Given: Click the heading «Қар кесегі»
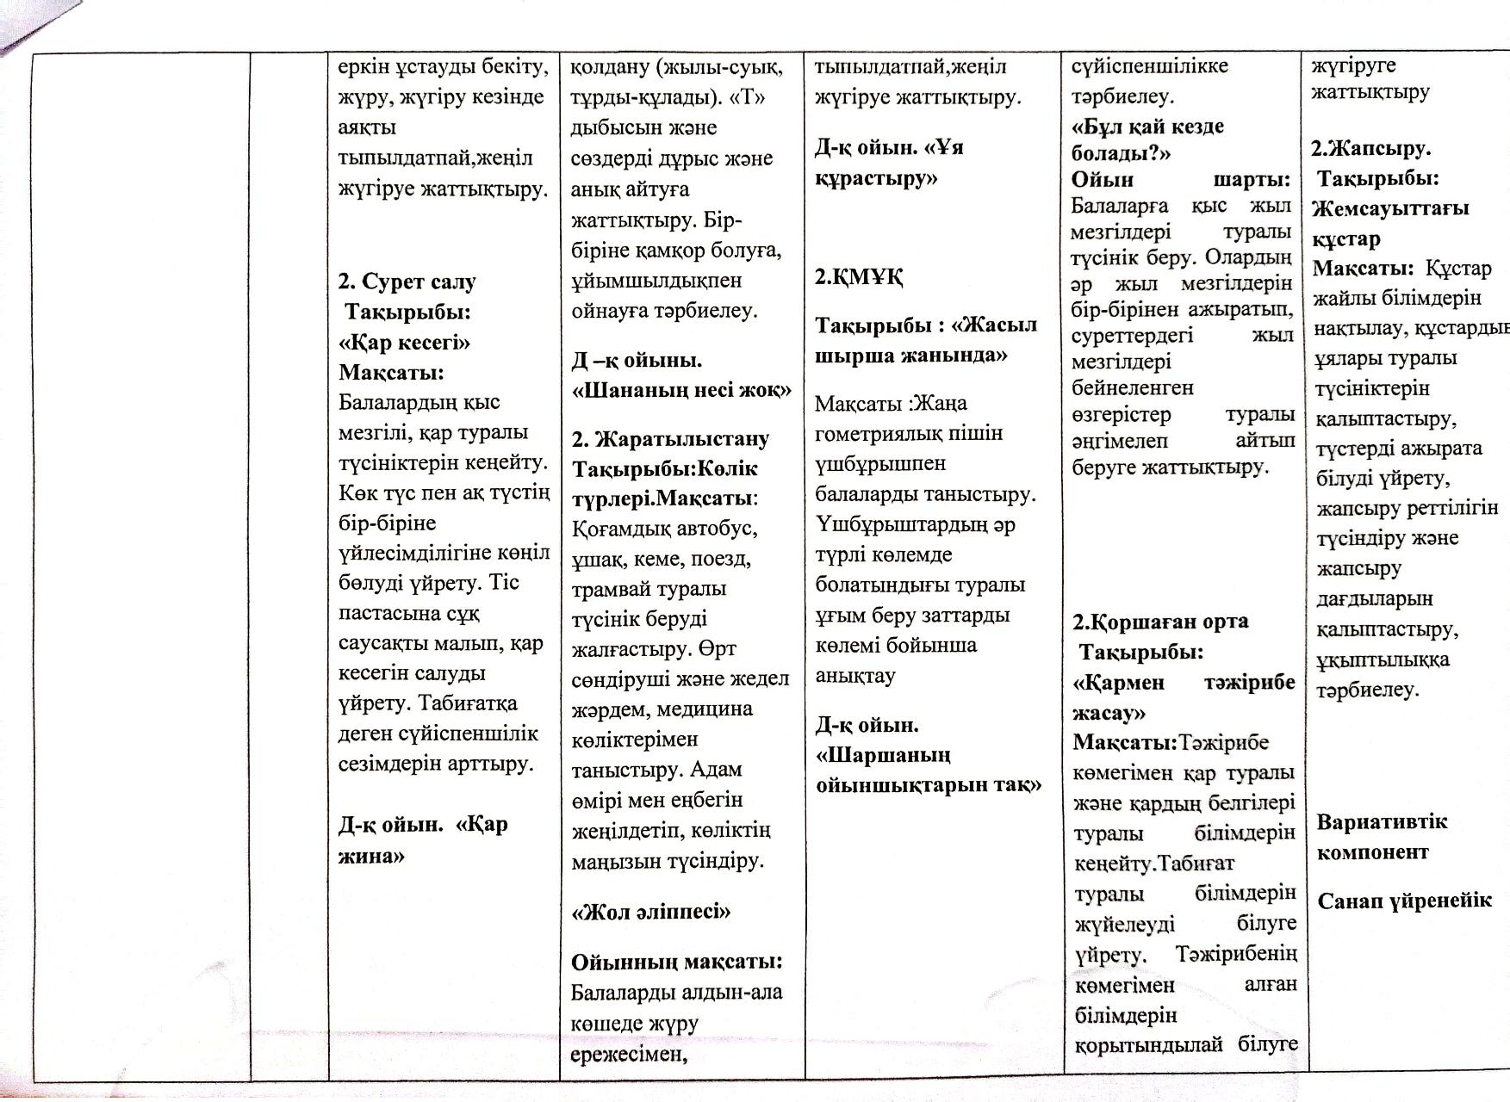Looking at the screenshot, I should pyautogui.click(x=404, y=343).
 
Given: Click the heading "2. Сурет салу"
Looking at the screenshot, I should pyautogui.click(x=407, y=282).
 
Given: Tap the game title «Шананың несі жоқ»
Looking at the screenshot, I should pyautogui.click(x=680, y=390).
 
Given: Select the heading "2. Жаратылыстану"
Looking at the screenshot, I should pyautogui.click(x=670, y=439).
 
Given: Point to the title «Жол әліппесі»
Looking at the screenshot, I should pyautogui.click(x=650, y=912).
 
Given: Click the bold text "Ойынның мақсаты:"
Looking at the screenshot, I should pyautogui.click(x=676, y=961).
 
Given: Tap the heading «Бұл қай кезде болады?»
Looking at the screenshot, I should pyautogui.click(x=1147, y=139).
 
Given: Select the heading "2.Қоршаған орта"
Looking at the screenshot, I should pyautogui.click(x=1160, y=622).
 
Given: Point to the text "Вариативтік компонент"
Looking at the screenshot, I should pyautogui.click(x=1381, y=836).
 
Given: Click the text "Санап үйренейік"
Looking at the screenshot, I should pyautogui.click(x=1403, y=901).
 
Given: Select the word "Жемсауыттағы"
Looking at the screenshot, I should pyautogui.click(x=1389, y=208).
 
